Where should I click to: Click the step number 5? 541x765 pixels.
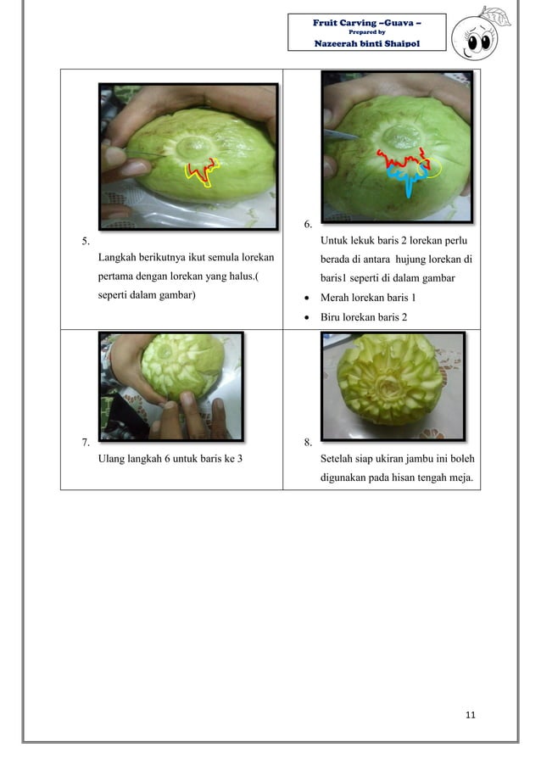86,241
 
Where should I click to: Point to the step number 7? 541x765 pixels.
86,442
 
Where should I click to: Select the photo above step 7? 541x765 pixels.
171,385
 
